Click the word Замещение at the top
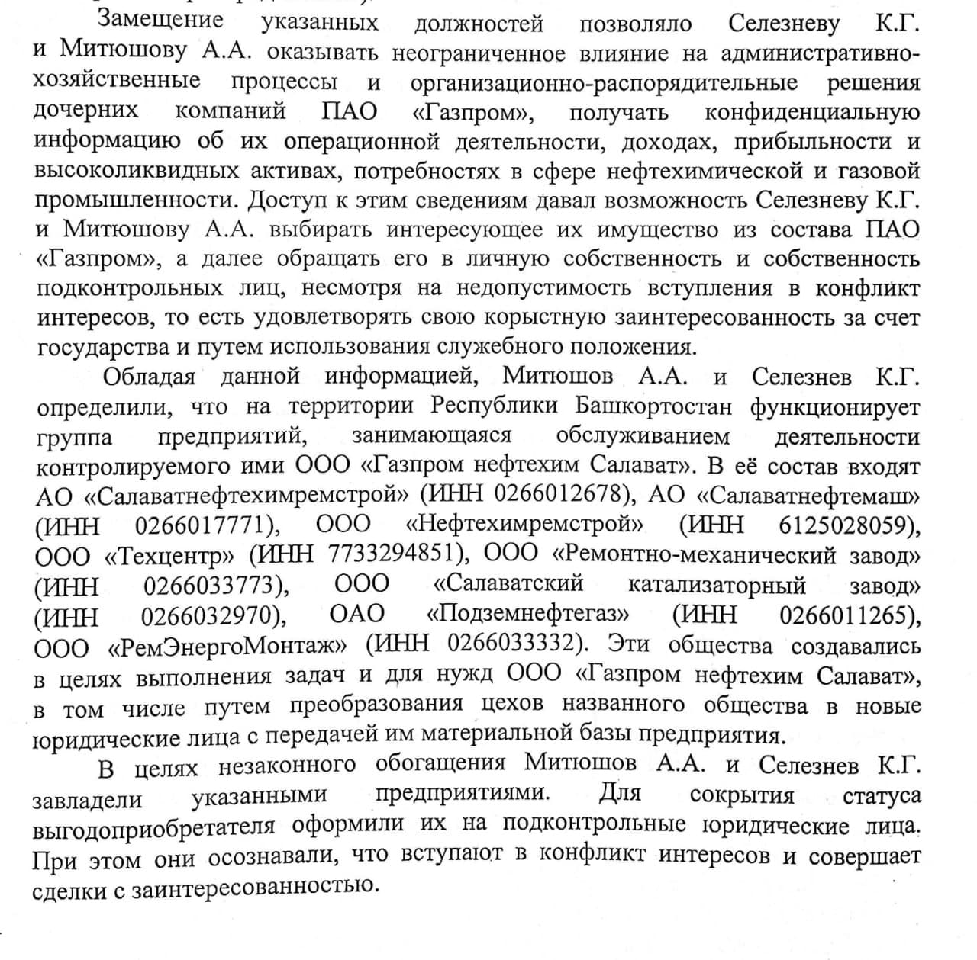(160, 20)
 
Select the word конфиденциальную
(811, 112)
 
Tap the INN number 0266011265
(846, 615)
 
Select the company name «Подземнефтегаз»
(527, 615)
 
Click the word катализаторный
(716, 586)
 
